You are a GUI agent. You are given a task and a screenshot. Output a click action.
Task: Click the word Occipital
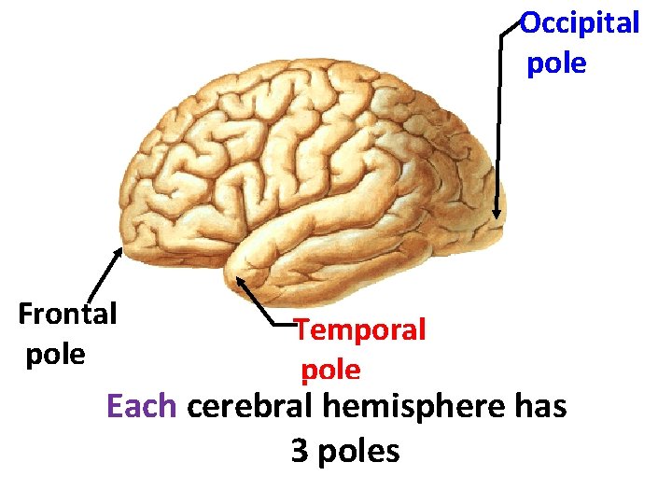pyautogui.click(x=580, y=22)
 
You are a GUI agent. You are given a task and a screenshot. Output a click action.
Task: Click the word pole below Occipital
pyautogui.click(x=557, y=64)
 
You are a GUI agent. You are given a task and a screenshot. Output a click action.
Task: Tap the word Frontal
pyautogui.click(x=67, y=314)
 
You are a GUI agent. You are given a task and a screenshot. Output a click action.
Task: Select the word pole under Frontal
pyautogui.click(x=55, y=355)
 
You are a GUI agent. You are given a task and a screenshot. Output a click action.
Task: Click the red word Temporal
pyautogui.click(x=360, y=329)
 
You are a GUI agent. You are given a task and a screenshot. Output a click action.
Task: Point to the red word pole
pyautogui.click(x=330, y=371)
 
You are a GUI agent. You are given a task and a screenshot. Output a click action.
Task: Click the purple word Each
pyautogui.click(x=143, y=407)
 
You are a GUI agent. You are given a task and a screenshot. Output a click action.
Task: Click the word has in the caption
pyautogui.click(x=540, y=407)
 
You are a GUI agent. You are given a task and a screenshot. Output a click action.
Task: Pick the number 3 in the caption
pyautogui.click(x=300, y=452)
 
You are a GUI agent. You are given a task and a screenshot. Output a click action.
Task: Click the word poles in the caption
pyautogui.click(x=358, y=452)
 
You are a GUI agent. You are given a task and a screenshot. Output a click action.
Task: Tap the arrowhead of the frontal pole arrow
pyautogui.click(x=119, y=251)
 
